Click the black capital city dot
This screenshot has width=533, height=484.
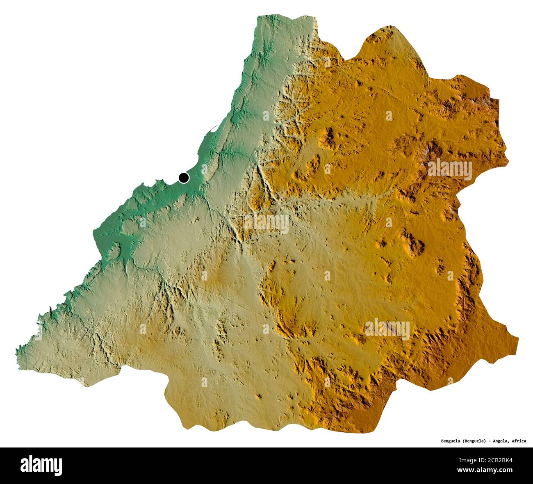coord(184,178)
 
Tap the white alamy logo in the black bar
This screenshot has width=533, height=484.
coord(41,465)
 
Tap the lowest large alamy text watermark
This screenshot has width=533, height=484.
coord(387,329)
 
